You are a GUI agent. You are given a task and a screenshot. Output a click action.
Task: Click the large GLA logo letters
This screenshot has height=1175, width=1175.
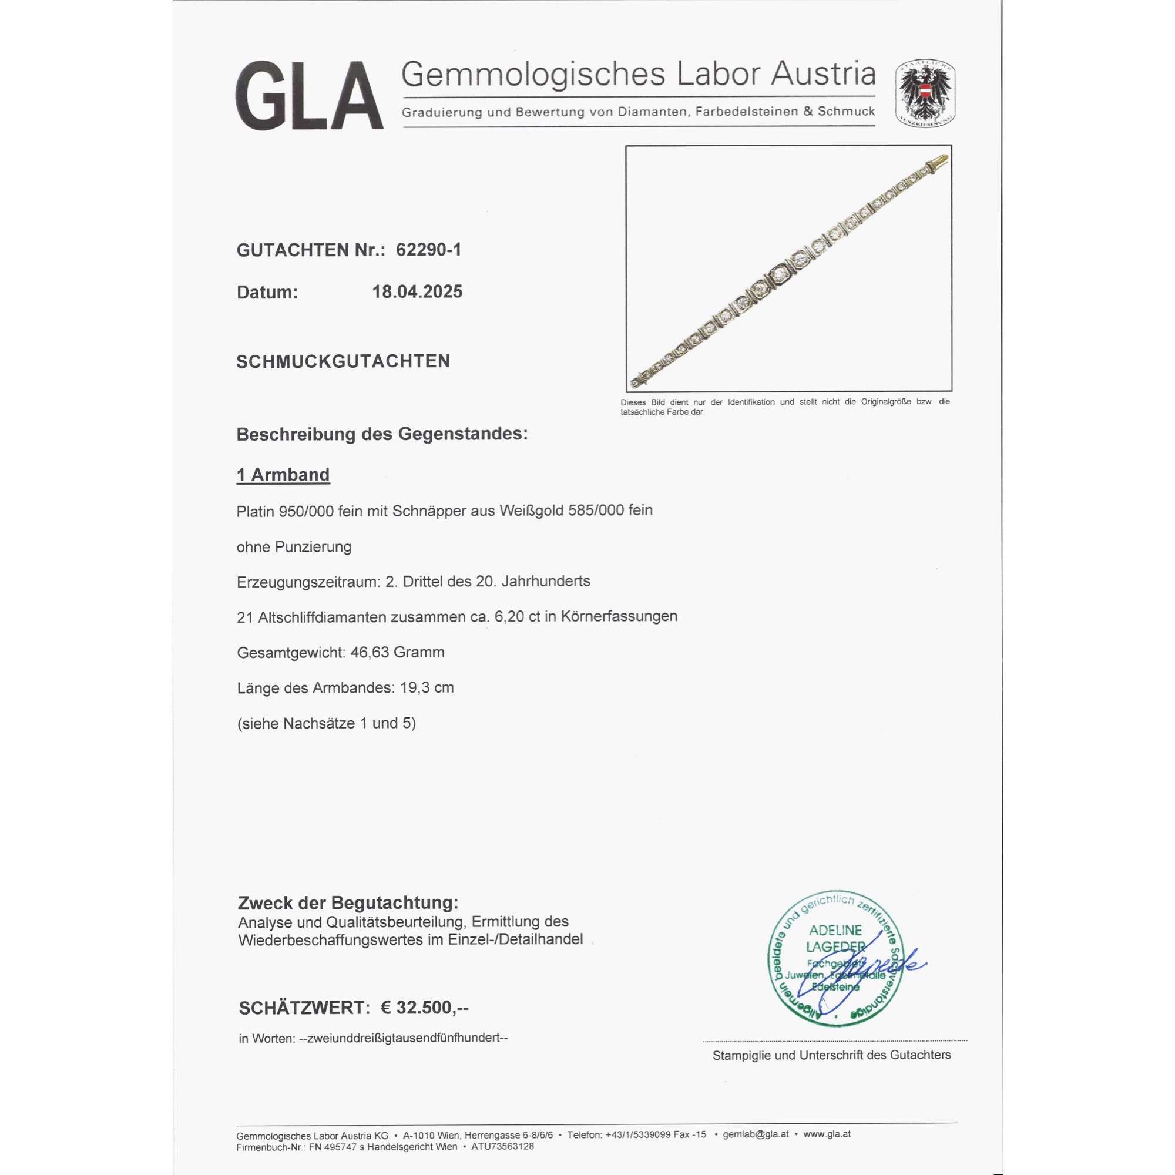tap(309, 96)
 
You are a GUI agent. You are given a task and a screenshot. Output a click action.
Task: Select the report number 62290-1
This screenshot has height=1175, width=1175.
tap(428, 250)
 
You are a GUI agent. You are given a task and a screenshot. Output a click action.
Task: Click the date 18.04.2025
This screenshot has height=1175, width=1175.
tap(417, 292)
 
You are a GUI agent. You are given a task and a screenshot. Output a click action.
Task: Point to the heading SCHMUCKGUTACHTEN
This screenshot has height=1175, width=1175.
tap(343, 361)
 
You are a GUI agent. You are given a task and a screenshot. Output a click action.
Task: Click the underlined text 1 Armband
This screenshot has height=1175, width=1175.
tap(283, 475)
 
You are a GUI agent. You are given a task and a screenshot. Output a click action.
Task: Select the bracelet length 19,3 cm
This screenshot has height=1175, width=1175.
tap(427, 688)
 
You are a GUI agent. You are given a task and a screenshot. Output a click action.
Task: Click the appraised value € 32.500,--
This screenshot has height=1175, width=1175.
tap(425, 1008)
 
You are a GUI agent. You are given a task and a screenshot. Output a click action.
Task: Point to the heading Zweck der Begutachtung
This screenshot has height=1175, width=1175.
tap(348, 902)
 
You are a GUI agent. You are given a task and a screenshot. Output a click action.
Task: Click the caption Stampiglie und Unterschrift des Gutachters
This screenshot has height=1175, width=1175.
tap(831, 1055)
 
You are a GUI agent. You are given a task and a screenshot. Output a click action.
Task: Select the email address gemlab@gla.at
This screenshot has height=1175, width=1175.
tap(756, 1134)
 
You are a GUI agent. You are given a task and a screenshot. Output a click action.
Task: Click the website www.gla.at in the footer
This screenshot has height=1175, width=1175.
tap(827, 1134)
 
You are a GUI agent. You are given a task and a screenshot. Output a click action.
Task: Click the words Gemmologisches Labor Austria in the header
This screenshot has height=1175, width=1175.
tap(638, 74)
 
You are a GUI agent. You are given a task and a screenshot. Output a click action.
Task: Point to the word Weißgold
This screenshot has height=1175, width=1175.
tap(532, 511)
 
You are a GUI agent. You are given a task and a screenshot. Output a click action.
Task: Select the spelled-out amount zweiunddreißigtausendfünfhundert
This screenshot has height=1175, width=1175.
tap(403, 1038)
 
